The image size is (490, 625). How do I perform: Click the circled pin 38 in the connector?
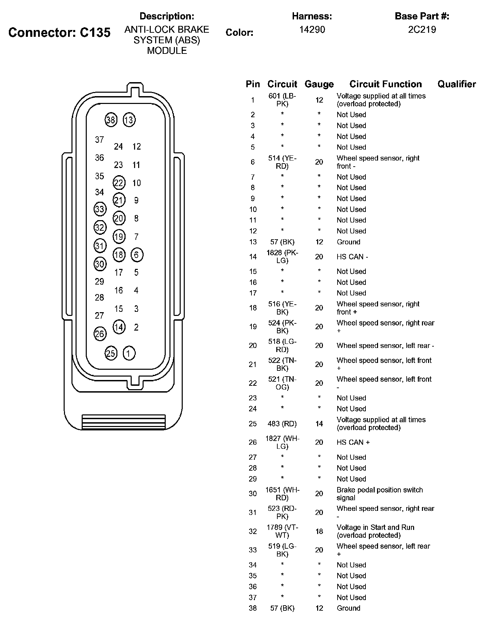point(111,120)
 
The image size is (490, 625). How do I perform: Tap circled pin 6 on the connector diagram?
point(137,255)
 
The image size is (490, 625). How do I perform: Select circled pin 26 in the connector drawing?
point(100,334)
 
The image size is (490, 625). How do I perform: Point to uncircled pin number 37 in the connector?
point(99,140)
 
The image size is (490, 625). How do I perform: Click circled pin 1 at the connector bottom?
point(129,353)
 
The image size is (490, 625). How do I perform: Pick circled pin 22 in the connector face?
point(119,183)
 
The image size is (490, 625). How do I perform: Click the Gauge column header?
point(319,84)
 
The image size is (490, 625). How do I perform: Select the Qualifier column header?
point(456,84)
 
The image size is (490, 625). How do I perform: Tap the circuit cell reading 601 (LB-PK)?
point(282,100)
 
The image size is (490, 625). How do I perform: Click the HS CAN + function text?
point(353,442)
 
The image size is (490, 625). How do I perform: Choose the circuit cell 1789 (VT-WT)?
point(282,531)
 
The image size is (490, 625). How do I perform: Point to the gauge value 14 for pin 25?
point(319,424)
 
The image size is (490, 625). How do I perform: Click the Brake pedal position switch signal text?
point(379,494)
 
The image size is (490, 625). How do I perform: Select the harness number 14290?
point(312,30)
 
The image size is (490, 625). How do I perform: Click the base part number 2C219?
point(422,30)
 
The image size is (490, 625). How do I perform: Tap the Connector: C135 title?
point(60,32)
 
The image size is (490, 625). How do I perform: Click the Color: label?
point(239,33)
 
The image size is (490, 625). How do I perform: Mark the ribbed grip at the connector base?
point(124,422)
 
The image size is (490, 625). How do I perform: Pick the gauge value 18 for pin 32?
point(319,531)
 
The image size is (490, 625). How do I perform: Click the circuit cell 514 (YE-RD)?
point(282,162)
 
